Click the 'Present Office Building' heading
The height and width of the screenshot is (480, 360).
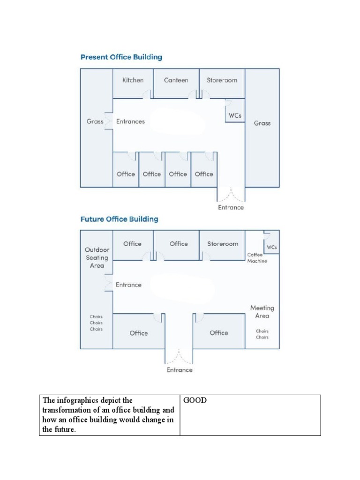(121, 57)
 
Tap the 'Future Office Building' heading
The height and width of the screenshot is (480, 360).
(119, 219)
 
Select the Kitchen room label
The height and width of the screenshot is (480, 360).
(133, 80)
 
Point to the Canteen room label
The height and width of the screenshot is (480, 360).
(176, 80)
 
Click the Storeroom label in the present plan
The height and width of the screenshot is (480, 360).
(222, 80)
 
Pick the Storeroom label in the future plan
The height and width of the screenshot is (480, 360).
(223, 244)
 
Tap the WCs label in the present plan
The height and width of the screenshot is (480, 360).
(235, 115)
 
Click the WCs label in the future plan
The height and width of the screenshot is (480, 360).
(271, 247)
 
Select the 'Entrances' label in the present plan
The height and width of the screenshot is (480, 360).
(130, 121)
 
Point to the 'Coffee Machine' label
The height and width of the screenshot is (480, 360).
(257, 258)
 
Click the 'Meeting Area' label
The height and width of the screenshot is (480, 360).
(262, 312)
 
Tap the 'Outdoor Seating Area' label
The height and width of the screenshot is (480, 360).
(97, 257)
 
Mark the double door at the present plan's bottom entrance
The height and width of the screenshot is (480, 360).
(231, 194)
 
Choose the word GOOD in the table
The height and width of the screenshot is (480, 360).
(195, 401)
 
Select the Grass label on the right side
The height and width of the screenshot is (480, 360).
(262, 123)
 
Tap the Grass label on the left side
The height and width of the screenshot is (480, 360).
(95, 121)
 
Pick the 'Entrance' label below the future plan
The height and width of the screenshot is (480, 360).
(180, 370)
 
